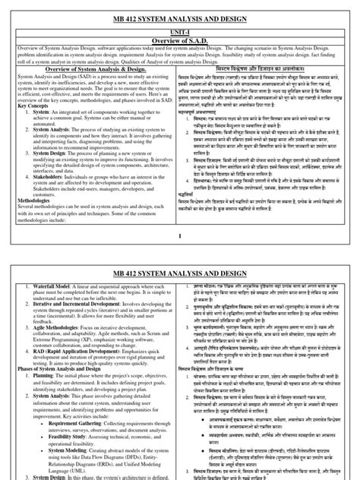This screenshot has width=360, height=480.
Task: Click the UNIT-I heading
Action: pyautogui.click(x=179, y=27)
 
